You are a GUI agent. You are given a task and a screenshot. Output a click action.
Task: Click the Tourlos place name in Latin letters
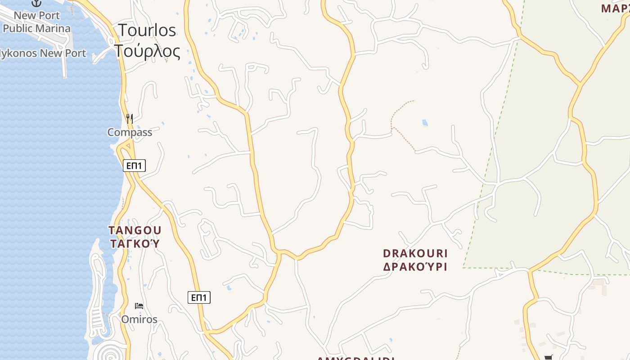click(x=147, y=30)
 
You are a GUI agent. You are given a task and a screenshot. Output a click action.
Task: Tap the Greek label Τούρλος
click(x=147, y=51)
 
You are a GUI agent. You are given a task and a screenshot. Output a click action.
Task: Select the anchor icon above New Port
click(x=36, y=3)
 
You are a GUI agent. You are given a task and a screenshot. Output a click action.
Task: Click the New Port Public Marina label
click(x=37, y=22)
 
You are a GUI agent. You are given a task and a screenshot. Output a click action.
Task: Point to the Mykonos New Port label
click(x=43, y=53)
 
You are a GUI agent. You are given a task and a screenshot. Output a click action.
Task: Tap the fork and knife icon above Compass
click(x=130, y=118)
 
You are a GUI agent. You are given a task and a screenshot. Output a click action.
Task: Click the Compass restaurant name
click(x=130, y=132)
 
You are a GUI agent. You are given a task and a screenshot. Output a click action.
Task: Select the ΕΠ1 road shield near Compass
click(x=134, y=166)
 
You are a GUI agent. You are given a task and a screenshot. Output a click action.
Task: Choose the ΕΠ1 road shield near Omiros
click(x=199, y=297)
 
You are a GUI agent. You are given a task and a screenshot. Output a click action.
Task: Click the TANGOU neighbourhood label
click(x=135, y=230)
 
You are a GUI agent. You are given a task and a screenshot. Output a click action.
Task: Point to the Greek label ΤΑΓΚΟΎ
click(x=135, y=244)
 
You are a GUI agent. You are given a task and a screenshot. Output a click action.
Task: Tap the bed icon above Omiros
click(x=139, y=306)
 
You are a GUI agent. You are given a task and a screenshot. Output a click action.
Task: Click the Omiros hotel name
click(x=139, y=319)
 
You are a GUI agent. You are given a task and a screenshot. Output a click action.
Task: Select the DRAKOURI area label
click(x=415, y=253)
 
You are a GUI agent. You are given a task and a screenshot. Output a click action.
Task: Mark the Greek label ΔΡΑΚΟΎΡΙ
click(x=415, y=267)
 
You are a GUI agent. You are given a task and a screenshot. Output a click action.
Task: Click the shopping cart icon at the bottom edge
click(x=548, y=357)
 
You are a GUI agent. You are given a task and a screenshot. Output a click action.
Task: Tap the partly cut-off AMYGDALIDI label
click(x=355, y=358)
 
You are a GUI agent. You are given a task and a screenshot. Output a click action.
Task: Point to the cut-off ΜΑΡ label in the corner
click(x=616, y=8)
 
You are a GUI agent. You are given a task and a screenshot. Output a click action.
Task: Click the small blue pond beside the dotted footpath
click(x=424, y=122)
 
